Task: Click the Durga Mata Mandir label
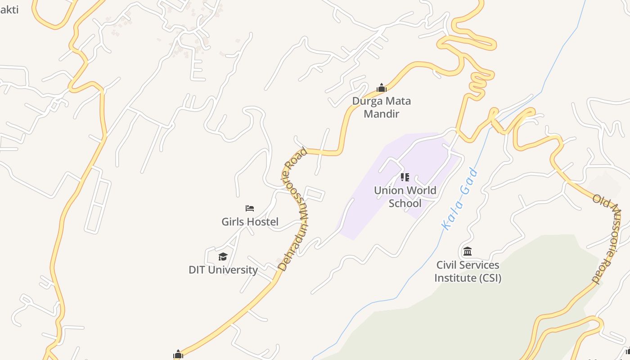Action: (381, 107)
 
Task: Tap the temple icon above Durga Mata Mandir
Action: (382, 88)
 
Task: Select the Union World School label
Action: (405, 197)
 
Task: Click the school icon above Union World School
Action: (405, 177)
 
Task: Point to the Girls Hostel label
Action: (250, 221)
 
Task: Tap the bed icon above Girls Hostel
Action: (250, 208)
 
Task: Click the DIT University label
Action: (223, 270)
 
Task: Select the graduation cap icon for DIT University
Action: (223, 256)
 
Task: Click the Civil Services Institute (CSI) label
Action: (468, 271)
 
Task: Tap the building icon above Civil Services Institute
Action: (468, 251)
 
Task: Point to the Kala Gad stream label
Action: (459, 199)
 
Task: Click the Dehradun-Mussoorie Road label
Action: (295, 209)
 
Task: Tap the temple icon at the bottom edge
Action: (178, 355)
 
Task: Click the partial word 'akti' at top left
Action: (9, 9)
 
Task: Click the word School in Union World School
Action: (405, 203)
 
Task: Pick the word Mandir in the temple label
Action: (381, 114)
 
